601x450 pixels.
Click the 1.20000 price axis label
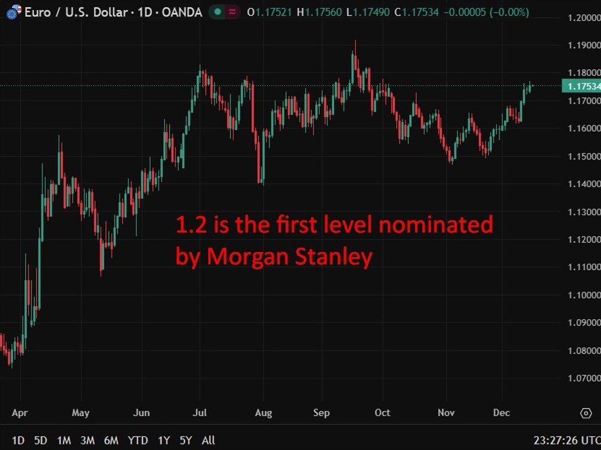tap(583, 18)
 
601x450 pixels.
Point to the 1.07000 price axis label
tap(583, 378)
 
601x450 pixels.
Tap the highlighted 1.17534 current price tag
tap(581, 86)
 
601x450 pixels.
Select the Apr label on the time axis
tap(20, 412)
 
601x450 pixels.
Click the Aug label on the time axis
tap(263, 412)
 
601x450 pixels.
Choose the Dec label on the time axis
tap(501, 412)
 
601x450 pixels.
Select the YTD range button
tap(137, 440)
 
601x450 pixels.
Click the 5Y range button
tap(186, 440)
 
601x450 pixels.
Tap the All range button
tap(208, 440)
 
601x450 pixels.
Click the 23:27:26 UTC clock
tap(566, 440)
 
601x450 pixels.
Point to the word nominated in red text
tap(435, 224)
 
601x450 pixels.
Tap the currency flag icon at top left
tap(12, 11)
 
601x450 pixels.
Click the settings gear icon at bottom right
tap(586, 413)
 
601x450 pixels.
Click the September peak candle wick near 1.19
tap(355, 44)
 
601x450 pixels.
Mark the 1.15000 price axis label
tap(583, 157)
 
